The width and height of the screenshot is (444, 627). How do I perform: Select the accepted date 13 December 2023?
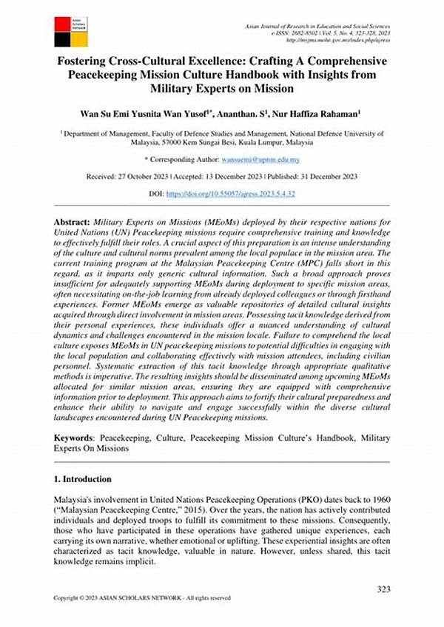pos(250,177)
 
